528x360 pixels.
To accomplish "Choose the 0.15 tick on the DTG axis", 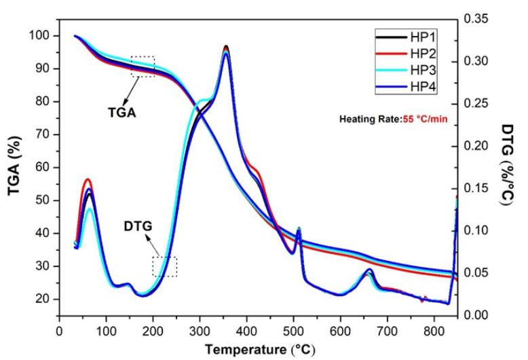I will (x=479, y=188).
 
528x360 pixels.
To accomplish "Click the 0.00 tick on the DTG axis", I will (x=479, y=315).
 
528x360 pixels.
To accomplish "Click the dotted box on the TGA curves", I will (x=143, y=67).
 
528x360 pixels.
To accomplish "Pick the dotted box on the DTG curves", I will (x=165, y=266).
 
